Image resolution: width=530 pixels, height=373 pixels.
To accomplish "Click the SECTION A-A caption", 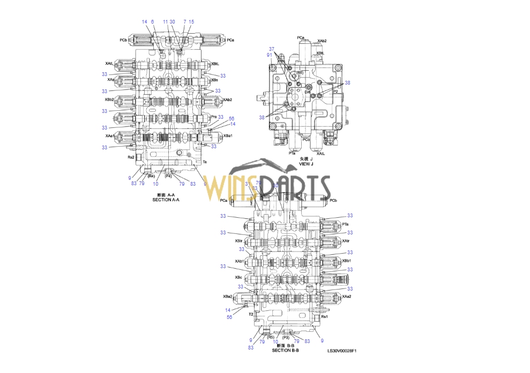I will pos(166,200).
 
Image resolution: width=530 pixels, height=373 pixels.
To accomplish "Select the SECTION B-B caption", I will pos(285,351).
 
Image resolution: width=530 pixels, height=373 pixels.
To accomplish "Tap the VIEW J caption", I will pos(305,163).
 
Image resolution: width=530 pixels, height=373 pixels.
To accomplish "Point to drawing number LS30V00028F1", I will pos(342,352).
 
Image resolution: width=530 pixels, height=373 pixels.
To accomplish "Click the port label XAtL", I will pos(109,63).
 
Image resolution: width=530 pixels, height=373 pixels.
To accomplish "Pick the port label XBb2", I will pos(109,99).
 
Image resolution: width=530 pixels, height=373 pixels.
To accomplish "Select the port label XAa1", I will pos(109,136).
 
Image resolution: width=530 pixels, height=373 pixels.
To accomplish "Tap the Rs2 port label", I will pos(130,157).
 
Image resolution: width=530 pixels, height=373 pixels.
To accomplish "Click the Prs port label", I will pos(214,117).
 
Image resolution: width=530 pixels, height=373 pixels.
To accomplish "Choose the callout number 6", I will pos(152,22).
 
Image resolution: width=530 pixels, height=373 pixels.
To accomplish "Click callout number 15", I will pos(191,22).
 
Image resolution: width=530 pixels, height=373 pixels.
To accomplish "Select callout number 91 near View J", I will pos(269,55).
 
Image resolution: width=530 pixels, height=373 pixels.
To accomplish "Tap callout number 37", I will pos(272,49).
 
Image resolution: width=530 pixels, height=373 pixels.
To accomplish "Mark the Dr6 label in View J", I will pos(308,92).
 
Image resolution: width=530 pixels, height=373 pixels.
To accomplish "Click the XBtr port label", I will pos(238,241).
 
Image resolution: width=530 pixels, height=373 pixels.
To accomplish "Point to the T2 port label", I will pos(250,314).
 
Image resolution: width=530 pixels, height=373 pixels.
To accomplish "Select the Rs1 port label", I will pos(324,317).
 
